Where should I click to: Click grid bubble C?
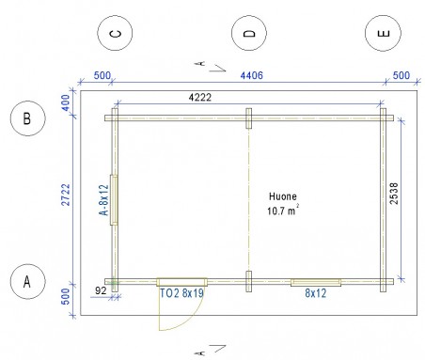pyautogui.click(x=115, y=33)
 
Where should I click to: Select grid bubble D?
pyautogui.click(x=249, y=33)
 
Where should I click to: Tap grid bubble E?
pyautogui.click(x=383, y=33)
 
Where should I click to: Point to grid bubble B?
pyautogui.click(x=28, y=118)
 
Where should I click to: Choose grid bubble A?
pyautogui.click(x=28, y=281)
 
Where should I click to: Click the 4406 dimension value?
pyautogui.click(x=251, y=75)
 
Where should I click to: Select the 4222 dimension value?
pyautogui.click(x=200, y=98)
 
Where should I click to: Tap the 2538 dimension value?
pyautogui.click(x=394, y=194)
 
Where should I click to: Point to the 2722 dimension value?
pyautogui.click(x=66, y=195)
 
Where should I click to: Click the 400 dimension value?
pyautogui.click(x=66, y=102)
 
